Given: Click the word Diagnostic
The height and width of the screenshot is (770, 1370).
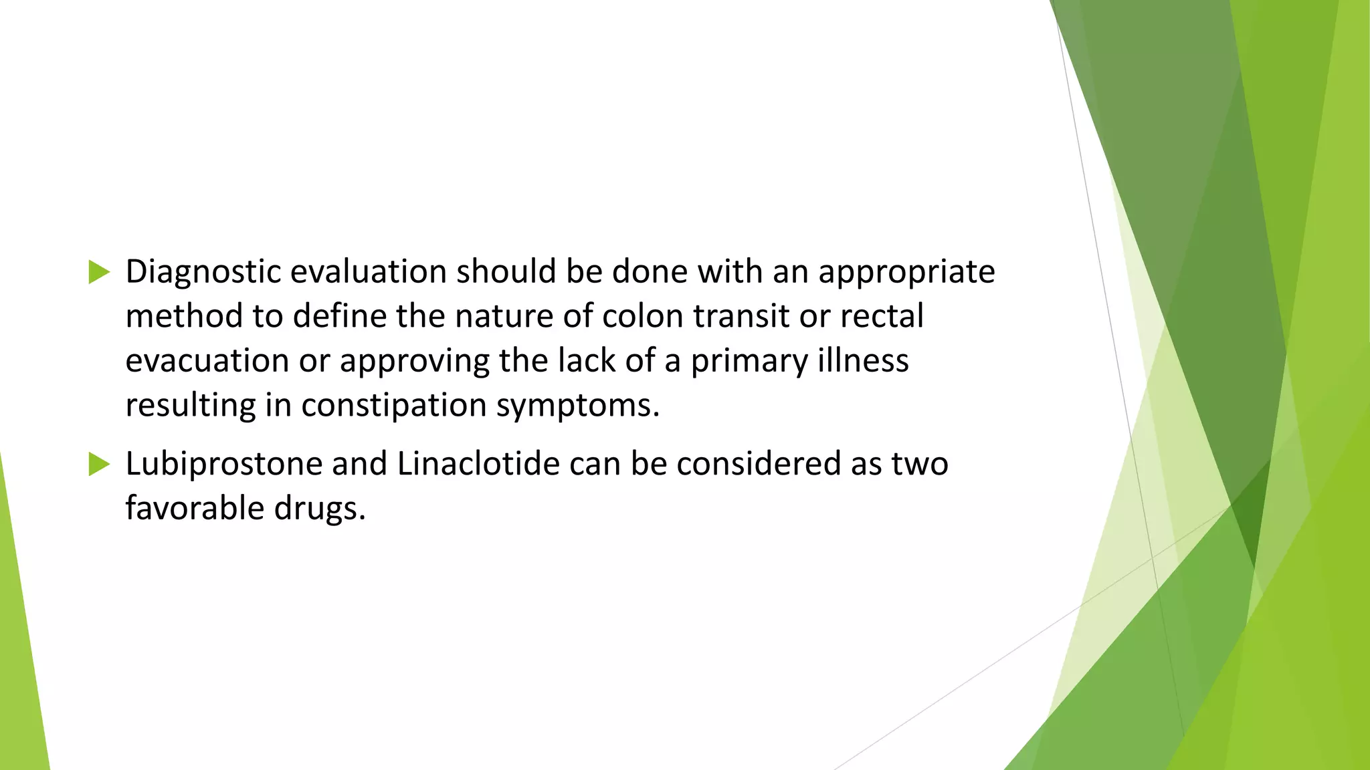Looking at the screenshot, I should coord(203,273).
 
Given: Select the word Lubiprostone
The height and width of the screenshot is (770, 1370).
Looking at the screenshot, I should coord(224,465).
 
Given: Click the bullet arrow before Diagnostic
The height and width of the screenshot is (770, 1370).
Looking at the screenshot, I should coord(98,272).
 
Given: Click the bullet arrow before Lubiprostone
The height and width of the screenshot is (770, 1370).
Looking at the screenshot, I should coord(98,464).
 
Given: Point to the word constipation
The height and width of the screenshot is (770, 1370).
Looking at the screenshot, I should coord(393,406).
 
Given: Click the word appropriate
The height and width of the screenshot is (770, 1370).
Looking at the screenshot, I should coord(906,273).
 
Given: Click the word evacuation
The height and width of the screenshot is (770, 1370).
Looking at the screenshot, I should coord(207,361).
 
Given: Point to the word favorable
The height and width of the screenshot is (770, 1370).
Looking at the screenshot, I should coord(195,508).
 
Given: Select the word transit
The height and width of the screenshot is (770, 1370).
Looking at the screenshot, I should coord(741,316).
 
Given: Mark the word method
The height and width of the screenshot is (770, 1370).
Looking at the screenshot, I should coord(184,316).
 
